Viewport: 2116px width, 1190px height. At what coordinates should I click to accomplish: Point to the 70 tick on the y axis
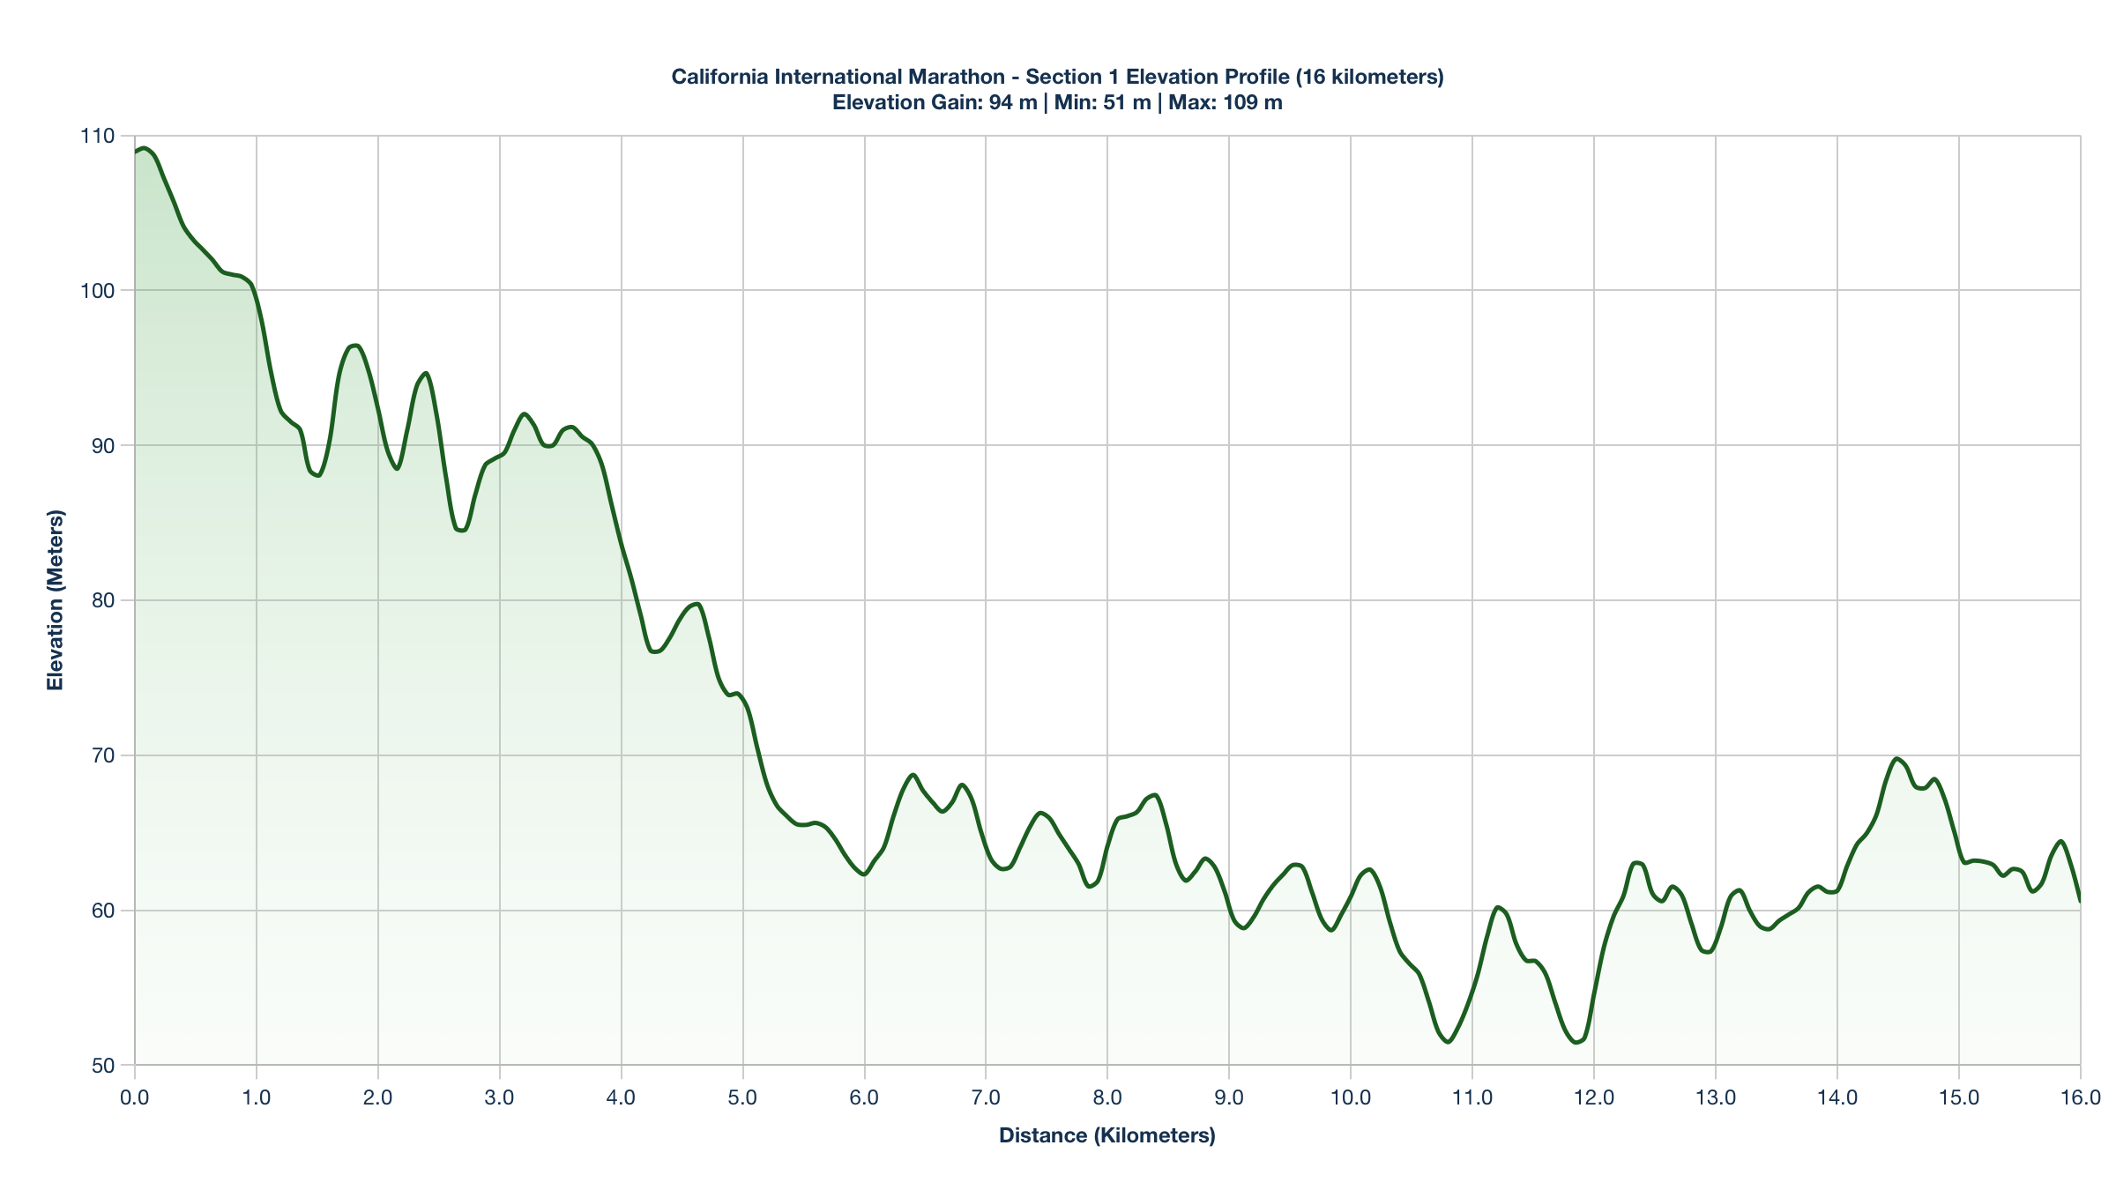point(103,755)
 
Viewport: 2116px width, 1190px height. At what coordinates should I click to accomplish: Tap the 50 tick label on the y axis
point(103,1066)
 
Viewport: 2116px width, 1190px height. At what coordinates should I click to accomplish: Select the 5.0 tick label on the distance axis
point(742,1097)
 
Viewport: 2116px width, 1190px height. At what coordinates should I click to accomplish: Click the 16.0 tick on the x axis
point(2080,1097)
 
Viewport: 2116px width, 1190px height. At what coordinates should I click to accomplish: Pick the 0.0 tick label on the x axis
point(135,1097)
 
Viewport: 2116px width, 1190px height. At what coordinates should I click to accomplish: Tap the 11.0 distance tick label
point(1472,1097)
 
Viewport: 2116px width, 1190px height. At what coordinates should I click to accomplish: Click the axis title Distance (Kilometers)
point(1106,1135)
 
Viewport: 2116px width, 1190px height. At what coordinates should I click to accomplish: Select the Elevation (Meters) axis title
point(56,599)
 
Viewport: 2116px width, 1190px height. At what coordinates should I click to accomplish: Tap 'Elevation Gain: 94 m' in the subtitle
point(935,102)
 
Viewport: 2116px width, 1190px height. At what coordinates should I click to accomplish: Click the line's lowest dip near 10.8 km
point(1448,1042)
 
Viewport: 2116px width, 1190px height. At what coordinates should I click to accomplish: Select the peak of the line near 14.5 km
point(1896,758)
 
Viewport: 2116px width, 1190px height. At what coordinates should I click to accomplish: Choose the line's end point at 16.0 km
point(2080,901)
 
